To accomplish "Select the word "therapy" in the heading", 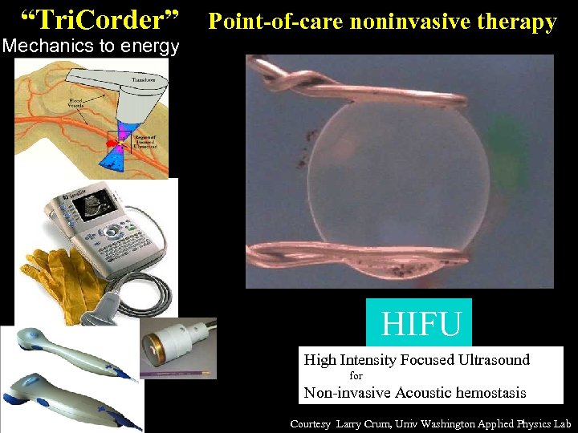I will pyautogui.click(x=521, y=22).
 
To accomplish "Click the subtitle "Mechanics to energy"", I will pyautogui.click(x=91, y=47).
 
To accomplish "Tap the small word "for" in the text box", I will pyautogui.click(x=356, y=375).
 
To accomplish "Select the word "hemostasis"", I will pyautogui.click(x=486, y=392).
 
